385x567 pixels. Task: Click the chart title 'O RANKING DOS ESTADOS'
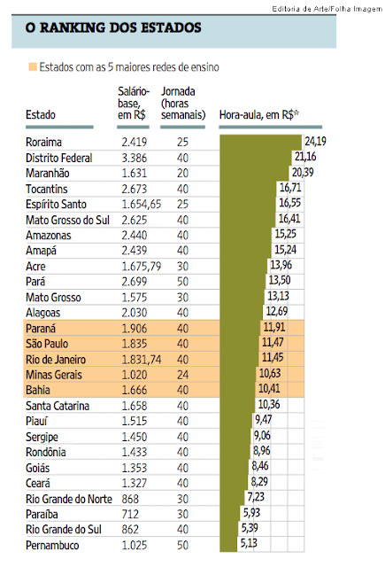click(113, 27)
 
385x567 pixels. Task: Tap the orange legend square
click(33, 67)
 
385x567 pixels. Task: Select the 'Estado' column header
click(41, 115)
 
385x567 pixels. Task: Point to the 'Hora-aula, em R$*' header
click(259, 115)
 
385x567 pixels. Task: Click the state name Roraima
click(43, 142)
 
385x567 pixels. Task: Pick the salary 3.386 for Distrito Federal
click(134, 158)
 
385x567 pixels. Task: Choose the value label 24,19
click(315, 141)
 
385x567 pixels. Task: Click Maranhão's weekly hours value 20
click(182, 174)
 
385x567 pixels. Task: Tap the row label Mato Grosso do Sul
click(67, 220)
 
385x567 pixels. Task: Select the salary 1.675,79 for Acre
click(142, 267)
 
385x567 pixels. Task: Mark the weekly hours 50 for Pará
click(182, 282)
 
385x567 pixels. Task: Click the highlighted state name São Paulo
click(47, 344)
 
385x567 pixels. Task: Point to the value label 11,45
click(273, 358)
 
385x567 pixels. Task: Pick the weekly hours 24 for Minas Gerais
click(182, 375)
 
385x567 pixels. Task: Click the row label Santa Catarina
click(58, 406)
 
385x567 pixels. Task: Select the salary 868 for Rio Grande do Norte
click(130, 500)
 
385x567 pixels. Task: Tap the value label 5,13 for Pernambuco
click(249, 543)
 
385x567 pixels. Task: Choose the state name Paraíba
click(42, 515)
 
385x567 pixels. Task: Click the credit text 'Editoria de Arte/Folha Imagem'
click(327, 9)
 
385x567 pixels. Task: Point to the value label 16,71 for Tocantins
click(290, 187)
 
